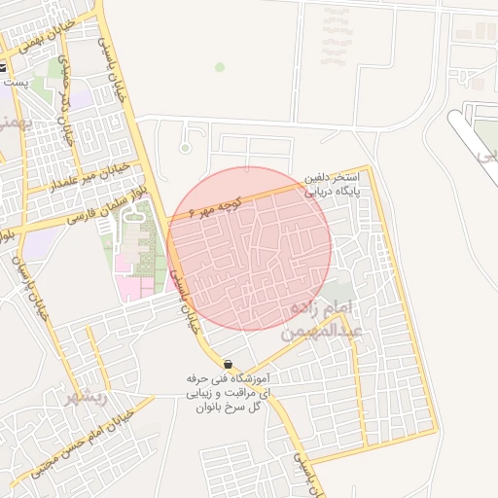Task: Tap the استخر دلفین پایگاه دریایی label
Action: tap(334, 185)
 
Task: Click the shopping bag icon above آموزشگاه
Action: tap(227, 363)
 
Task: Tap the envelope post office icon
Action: tap(4, 68)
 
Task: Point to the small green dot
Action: tap(220, 67)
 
